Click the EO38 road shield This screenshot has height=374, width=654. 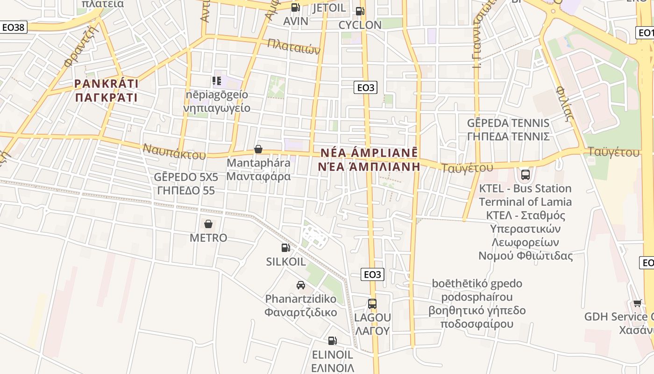(13, 27)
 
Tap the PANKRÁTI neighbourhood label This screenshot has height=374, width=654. (107, 84)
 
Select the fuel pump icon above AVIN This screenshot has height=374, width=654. (295, 7)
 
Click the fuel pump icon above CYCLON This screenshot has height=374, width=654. (359, 11)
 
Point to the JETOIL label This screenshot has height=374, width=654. (329, 8)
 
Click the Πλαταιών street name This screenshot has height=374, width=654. (293, 46)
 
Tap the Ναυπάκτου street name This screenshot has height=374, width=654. (174, 151)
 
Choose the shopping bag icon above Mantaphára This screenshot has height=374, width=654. (258, 149)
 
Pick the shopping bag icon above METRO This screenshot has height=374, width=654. (208, 224)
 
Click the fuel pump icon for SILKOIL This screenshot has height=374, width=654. (285, 248)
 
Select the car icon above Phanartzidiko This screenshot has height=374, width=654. (301, 285)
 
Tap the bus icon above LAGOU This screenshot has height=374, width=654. (372, 304)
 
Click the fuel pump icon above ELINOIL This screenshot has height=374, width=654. (332, 341)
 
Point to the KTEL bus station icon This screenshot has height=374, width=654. (526, 175)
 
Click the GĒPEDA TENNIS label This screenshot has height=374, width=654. (508, 123)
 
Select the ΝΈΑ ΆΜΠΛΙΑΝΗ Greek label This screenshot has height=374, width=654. (369, 166)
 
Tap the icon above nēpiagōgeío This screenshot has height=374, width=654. (217, 81)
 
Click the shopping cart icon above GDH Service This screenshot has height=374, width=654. (638, 303)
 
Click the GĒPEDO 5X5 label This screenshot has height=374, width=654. (186, 177)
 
